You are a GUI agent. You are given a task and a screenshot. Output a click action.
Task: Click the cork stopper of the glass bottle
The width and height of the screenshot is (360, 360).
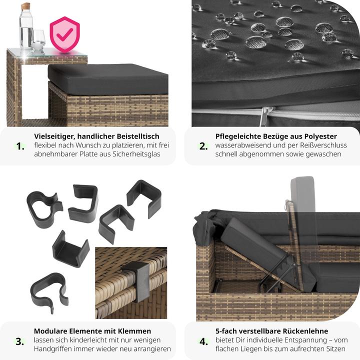(x=25, y=6)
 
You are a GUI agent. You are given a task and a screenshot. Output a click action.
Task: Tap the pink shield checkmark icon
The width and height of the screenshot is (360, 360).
(x=64, y=34)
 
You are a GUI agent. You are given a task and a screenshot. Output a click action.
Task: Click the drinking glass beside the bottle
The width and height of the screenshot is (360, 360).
(x=39, y=40)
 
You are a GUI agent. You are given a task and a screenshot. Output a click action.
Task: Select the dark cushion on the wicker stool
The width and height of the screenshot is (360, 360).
(x=108, y=78)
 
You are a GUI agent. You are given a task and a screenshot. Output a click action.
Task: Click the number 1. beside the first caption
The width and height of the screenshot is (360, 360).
(x=20, y=146)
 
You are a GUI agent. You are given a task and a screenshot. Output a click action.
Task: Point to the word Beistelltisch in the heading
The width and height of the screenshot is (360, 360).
(x=138, y=136)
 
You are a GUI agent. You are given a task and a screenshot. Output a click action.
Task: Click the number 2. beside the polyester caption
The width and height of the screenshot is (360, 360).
(x=203, y=146)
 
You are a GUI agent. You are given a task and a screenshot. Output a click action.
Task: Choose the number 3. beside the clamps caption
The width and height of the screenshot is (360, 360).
(x=20, y=341)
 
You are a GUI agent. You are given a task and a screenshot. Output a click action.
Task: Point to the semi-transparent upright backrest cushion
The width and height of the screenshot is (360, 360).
(x=302, y=195)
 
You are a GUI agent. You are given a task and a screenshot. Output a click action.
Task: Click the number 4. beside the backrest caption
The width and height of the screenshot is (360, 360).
(x=203, y=341)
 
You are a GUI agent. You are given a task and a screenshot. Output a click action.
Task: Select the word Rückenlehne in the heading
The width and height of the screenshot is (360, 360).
(x=305, y=331)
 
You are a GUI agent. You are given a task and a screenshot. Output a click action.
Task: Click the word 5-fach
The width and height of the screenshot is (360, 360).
(x=225, y=331)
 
